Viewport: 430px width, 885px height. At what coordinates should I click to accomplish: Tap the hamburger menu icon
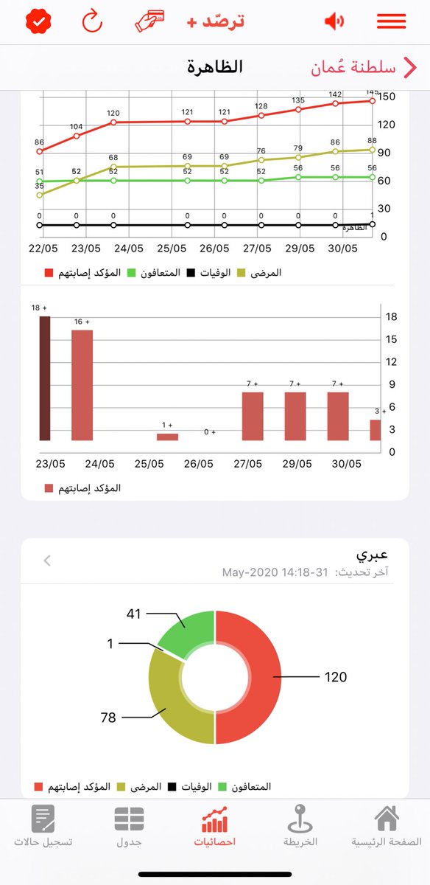391,21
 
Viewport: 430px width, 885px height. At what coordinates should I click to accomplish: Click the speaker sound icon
334,21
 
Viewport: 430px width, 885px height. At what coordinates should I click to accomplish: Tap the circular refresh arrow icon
92,21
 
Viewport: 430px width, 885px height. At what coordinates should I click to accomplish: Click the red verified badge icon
36,21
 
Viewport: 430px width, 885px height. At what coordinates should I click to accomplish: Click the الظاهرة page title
215,67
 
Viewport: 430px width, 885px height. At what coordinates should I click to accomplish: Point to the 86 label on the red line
39,142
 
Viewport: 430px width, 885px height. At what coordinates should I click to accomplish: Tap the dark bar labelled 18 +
44,378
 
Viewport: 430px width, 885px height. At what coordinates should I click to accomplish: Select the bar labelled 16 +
82,384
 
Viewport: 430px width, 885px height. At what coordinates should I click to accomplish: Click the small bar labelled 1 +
167,437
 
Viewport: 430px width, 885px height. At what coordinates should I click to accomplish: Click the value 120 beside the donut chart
335,676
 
